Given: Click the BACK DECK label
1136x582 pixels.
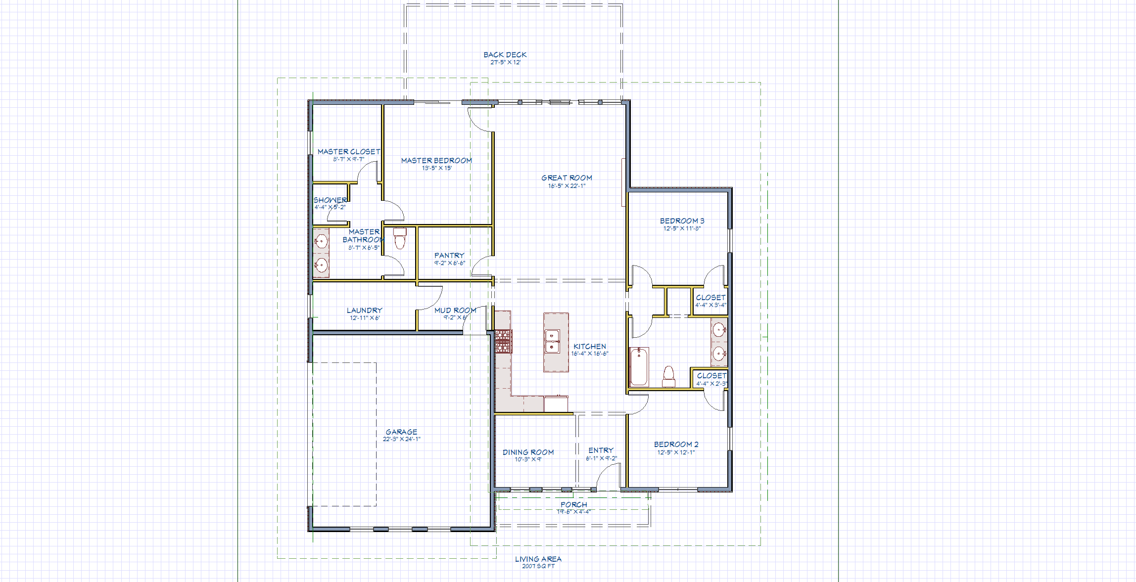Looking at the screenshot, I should (x=505, y=55).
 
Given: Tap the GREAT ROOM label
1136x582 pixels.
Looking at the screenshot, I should (x=567, y=178).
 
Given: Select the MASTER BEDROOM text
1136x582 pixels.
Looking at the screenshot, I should (x=436, y=161).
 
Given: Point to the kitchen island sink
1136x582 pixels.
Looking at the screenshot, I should (x=552, y=342).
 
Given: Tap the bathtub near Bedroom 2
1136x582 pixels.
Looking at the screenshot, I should (x=639, y=367).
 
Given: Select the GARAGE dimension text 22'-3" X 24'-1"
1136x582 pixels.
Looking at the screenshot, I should (x=401, y=439).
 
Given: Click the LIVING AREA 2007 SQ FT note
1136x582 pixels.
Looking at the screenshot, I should (x=538, y=562).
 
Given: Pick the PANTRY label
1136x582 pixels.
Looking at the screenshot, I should (x=449, y=256).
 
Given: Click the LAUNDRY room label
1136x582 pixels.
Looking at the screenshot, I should (x=364, y=311).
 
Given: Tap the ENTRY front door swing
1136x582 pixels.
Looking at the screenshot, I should (x=608, y=477).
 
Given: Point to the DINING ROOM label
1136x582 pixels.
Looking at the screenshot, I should (x=528, y=452).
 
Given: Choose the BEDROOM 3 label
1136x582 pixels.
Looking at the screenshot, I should (x=682, y=221).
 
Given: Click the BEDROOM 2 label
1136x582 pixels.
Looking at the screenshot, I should (x=676, y=445).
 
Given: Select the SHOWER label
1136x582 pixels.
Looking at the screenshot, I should (x=330, y=200).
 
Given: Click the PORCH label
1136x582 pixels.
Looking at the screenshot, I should (x=573, y=505).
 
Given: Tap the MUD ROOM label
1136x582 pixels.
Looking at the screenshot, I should (x=455, y=311).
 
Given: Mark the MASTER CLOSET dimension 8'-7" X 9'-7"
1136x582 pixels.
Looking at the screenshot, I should (x=348, y=160).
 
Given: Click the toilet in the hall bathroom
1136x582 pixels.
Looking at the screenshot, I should (x=668, y=377).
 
